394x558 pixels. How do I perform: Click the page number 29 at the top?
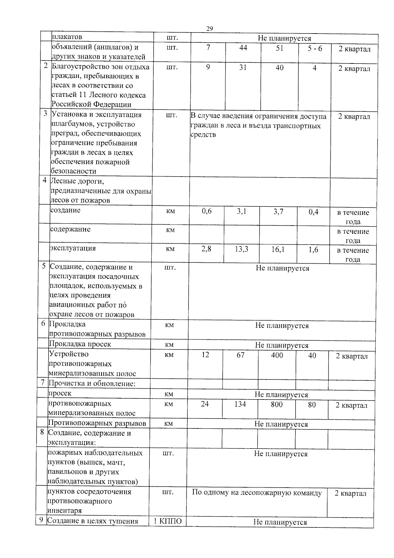pos(209,29)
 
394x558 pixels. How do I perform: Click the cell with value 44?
pos(243,48)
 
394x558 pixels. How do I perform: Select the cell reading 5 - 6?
pos(315,48)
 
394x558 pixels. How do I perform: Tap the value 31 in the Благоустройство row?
pos(243,67)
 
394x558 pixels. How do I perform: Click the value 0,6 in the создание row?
pos(207,211)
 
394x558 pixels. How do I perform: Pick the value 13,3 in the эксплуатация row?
pos(241,249)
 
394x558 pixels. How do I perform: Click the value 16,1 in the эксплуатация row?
pos(278,250)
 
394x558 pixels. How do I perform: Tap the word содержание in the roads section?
pos(70,229)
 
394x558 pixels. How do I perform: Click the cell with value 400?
pos(277,355)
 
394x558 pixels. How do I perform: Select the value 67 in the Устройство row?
pos(240,355)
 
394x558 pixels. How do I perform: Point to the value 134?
pos(240,404)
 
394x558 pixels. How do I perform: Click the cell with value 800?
pos(276,404)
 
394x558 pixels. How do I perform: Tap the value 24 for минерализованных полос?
pos(205,404)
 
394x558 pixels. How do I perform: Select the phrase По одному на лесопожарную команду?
pos(256,493)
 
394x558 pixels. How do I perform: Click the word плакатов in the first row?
pos(67,36)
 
